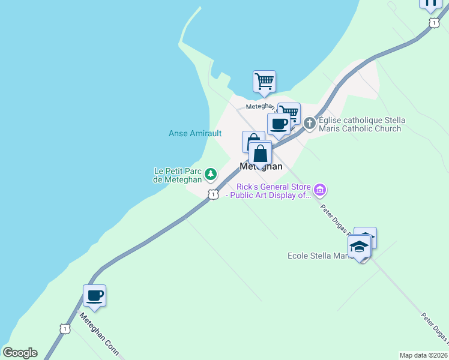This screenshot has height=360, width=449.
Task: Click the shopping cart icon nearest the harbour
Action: point(264,81)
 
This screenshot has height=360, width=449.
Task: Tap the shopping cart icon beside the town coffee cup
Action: point(290,112)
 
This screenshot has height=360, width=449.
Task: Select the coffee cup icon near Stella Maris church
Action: point(279,124)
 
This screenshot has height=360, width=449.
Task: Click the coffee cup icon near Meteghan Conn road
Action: point(94,295)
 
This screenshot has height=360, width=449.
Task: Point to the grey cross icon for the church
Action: point(310,124)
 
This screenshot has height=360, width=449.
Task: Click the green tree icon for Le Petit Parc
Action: point(210,175)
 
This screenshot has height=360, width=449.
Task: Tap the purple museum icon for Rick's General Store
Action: point(320,191)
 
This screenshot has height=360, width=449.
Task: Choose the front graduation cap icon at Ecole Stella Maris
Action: point(359,247)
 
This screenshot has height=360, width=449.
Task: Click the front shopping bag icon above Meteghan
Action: point(260,153)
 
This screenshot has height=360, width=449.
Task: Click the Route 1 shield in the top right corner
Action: point(432,22)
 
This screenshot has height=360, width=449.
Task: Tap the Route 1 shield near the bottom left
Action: point(65,328)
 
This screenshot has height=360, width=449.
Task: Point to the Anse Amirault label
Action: point(195,133)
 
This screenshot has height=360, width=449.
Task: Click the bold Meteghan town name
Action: point(261,167)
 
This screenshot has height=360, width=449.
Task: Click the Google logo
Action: point(20,353)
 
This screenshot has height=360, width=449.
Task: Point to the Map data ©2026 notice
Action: point(423,355)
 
